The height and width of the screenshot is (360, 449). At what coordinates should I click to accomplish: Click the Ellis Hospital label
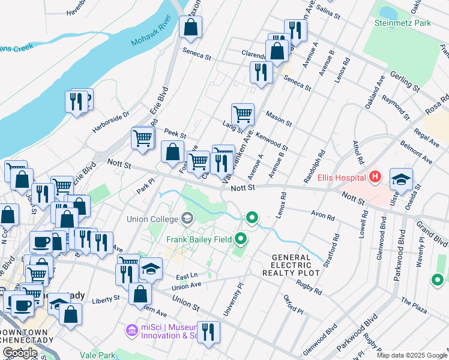[x=343, y=178]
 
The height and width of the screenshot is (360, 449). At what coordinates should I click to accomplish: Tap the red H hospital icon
[x=375, y=177]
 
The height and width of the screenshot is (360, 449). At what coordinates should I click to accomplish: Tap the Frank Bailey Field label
[x=200, y=240]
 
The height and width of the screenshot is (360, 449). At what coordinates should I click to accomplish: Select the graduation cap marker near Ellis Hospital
[x=401, y=179]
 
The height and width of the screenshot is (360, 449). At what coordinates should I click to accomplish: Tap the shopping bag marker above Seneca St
[x=190, y=27]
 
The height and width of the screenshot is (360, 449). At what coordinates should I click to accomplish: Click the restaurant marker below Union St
[x=208, y=332]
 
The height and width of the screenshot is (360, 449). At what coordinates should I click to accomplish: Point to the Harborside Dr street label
[x=110, y=122]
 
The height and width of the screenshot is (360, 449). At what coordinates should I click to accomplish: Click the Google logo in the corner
[x=20, y=352]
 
